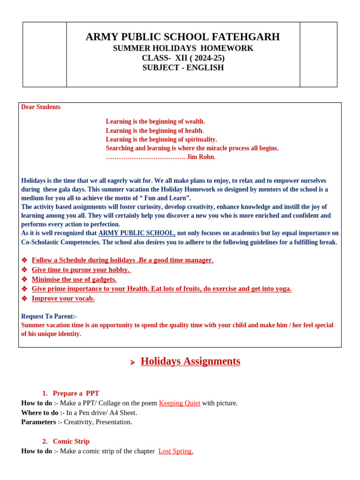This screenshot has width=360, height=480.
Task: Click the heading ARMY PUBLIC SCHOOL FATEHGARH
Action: pos(182,37)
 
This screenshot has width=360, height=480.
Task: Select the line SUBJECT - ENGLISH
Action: pos(183,68)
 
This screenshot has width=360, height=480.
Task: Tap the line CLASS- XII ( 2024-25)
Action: pos(183,58)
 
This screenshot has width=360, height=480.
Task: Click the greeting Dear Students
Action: pos(41,107)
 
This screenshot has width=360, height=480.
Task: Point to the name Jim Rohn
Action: pos(201,157)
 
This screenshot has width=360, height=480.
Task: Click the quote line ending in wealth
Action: pos(155,122)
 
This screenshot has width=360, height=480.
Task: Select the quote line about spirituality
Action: pos(161,140)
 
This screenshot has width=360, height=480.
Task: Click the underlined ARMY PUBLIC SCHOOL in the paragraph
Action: pos(136,233)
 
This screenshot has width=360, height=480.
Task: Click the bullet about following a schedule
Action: pos(122,260)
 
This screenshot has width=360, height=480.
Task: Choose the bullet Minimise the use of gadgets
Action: pos(74,279)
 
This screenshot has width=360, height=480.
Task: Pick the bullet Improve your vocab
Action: pos(63,299)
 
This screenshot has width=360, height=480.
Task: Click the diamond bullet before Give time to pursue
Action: pos(24,270)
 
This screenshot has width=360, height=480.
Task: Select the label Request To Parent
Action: pos(49,316)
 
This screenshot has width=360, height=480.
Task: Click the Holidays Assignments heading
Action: pos(190,361)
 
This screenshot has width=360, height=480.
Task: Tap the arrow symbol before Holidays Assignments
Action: pos(133,362)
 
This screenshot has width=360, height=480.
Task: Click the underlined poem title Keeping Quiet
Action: pos(180,403)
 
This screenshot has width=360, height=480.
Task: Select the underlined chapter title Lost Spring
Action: pos(176,451)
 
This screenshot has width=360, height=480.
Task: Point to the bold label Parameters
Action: pos(38,422)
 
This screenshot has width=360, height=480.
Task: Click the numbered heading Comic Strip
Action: pos(71,442)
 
